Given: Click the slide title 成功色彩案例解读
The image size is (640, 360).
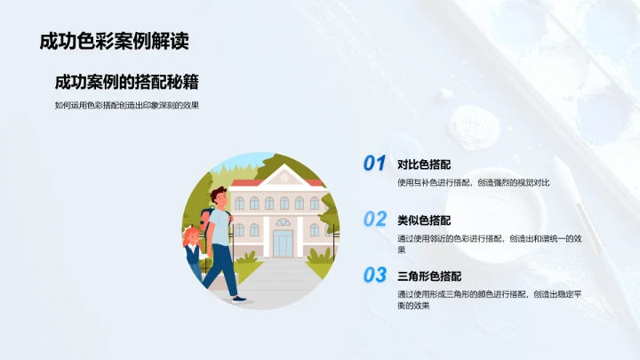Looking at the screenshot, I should [x=114, y=41].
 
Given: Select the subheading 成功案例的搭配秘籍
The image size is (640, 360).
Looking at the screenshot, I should [x=126, y=82].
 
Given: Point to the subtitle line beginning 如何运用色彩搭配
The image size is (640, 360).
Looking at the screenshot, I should [x=126, y=105].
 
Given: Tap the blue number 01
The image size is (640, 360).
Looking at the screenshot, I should [x=374, y=164].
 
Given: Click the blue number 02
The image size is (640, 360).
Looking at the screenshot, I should [x=374, y=219].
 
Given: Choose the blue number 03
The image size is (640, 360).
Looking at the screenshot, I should [x=374, y=275].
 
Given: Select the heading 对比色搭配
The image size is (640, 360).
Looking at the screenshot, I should [x=424, y=164].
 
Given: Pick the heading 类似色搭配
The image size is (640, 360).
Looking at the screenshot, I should [x=424, y=220].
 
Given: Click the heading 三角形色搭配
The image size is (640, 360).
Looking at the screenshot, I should [x=429, y=276].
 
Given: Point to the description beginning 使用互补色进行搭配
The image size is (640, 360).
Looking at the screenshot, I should [x=474, y=182].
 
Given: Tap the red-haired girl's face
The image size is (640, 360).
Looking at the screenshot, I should [x=190, y=238].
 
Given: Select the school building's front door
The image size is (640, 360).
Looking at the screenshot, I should [x=283, y=242].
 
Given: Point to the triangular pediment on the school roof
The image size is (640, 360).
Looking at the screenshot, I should [x=283, y=175].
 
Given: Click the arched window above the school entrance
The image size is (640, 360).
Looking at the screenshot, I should [x=283, y=222].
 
